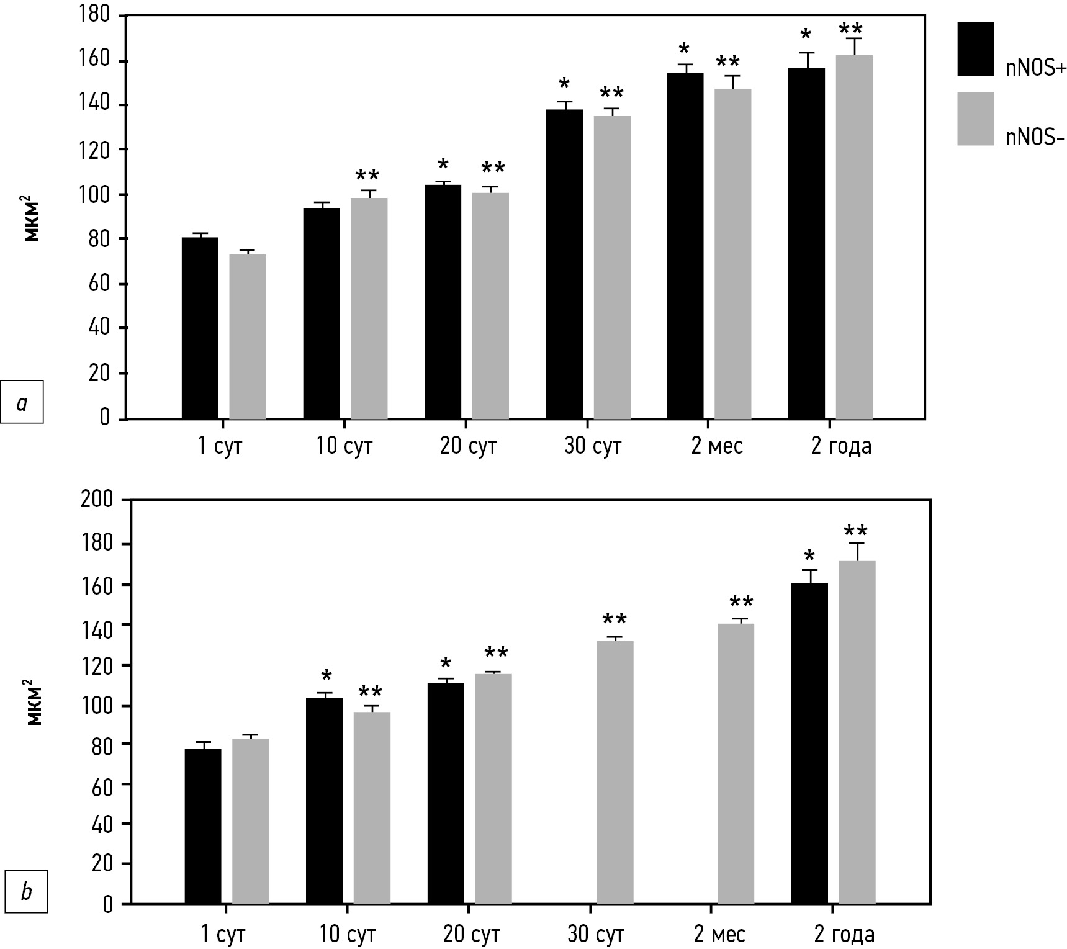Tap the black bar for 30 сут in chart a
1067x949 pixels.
(564, 264)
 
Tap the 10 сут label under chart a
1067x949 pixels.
(344, 446)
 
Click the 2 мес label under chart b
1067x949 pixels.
(720, 934)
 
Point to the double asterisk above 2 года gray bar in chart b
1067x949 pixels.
(856, 532)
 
